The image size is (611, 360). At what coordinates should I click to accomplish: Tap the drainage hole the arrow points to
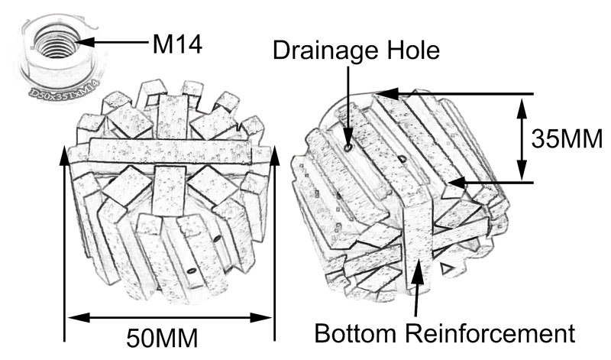[348, 146]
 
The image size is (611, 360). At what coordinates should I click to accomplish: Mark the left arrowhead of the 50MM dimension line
[72, 316]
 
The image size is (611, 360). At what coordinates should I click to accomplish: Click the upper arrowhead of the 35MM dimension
[522, 102]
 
